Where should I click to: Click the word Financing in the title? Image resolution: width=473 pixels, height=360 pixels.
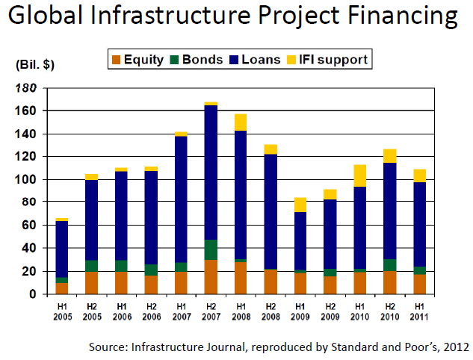click(395, 18)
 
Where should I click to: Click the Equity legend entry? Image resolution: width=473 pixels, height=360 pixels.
click(138, 59)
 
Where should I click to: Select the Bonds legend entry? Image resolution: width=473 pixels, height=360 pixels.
click(196, 59)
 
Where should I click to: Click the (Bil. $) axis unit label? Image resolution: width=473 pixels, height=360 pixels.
click(35, 66)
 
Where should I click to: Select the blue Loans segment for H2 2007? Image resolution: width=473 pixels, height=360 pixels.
click(211, 172)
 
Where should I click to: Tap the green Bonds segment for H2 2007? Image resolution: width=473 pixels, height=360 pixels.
click(211, 249)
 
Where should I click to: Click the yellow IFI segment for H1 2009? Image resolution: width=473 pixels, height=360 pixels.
click(300, 205)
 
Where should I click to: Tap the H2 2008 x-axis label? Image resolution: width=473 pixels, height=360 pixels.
click(270, 310)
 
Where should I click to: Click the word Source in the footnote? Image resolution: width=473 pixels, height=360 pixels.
click(109, 347)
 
